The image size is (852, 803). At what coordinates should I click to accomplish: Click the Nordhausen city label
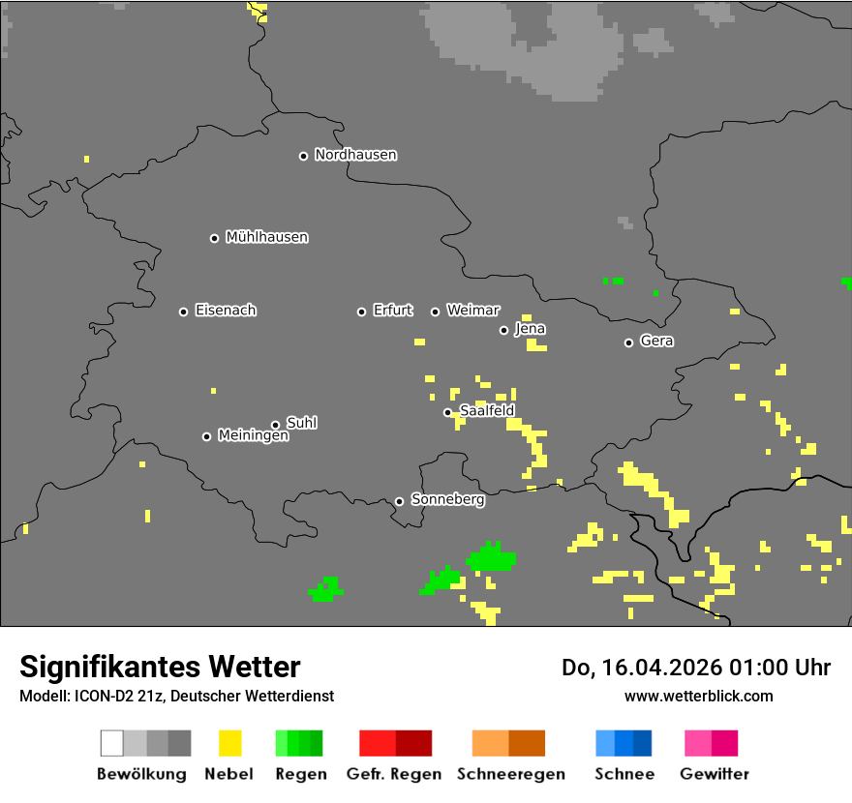tap(355, 155)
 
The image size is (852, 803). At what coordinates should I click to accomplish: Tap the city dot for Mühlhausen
tap(214, 238)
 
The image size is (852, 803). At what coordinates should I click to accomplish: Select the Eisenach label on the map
tap(226, 311)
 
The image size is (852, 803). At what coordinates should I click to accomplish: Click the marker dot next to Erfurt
tap(361, 312)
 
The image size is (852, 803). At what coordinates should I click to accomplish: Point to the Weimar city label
tap(473, 311)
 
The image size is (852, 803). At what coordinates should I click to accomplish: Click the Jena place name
tap(530, 329)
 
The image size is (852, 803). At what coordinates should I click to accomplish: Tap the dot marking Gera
tap(628, 342)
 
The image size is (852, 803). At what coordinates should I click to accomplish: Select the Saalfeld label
tap(487, 411)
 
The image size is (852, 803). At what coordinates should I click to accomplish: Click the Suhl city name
tap(301, 423)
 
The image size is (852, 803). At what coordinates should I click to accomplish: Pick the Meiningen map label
tap(253, 436)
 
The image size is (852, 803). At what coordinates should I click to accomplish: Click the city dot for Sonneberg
tap(399, 501)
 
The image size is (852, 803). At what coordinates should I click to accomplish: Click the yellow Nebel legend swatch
tap(229, 743)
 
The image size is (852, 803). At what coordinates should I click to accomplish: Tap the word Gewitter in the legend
tap(715, 774)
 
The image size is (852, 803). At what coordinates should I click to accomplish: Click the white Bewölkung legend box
tap(112, 743)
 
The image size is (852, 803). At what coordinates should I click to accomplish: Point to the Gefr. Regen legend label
tap(394, 774)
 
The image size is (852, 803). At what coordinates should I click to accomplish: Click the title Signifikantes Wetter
tap(160, 668)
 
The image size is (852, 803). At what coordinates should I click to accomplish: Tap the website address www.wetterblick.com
tap(698, 696)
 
